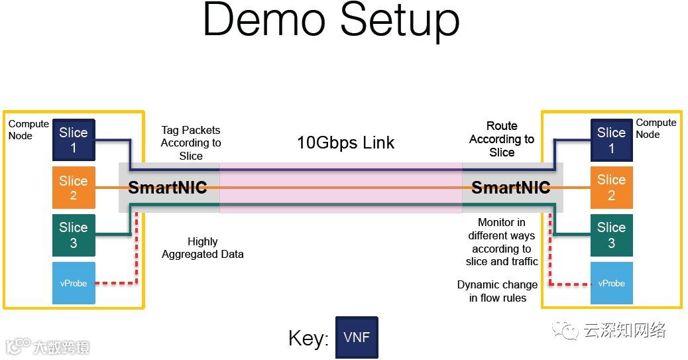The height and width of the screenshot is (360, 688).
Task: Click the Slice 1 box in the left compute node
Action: (74, 140)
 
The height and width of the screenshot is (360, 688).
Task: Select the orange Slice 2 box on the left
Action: (74, 188)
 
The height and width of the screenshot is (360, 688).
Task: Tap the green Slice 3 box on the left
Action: (74, 235)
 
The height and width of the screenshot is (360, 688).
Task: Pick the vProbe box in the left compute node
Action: (74, 283)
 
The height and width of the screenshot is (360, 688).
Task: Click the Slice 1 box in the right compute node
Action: (611, 140)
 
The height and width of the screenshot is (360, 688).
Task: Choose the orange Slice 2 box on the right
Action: (611, 188)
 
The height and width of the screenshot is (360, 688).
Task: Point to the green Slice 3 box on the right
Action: (611, 235)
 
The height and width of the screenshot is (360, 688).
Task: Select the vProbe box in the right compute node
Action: (611, 283)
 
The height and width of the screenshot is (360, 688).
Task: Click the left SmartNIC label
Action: (167, 188)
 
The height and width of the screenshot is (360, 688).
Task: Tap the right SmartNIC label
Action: (510, 188)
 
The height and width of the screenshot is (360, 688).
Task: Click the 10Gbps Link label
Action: (345, 143)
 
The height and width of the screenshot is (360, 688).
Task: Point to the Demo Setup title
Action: (331, 21)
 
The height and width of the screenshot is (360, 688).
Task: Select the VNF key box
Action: (357, 337)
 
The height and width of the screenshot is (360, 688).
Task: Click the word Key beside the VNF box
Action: (308, 338)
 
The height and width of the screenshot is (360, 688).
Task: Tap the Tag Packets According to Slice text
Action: (191, 143)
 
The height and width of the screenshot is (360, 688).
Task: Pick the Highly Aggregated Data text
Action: (202, 248)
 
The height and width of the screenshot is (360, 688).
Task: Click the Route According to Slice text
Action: (502, 139)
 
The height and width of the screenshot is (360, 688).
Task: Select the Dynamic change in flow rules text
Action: (497, 291)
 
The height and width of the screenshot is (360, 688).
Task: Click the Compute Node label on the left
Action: (29, 129)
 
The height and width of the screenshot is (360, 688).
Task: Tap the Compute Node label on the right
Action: (656, 128)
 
